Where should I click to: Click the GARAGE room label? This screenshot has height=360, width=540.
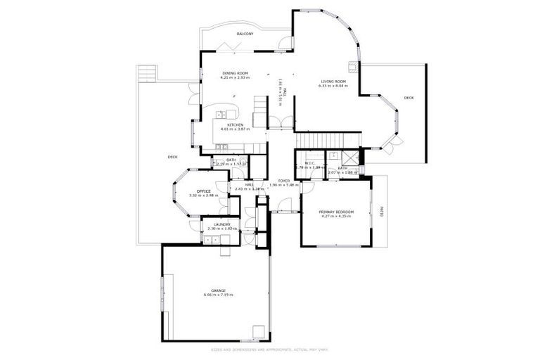pyautogui.click(x=218, y=290)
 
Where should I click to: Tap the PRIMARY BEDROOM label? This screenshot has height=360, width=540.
pyautogui.click(x=335, y=212)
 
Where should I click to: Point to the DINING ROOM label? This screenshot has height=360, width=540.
pyautogui.click(x=236, y=73)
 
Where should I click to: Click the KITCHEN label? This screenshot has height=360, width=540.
pyautogui.click(x=235, y=124)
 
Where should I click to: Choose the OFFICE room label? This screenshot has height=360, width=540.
pyautogui.click(x=204, y=191)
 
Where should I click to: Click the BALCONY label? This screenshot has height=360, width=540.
pyautogui.click(x=245, y=33)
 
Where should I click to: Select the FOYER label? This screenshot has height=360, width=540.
pyautogui.click(x=283, y=181)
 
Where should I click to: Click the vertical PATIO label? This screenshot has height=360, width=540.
pyautogui.click(x=382, y=210)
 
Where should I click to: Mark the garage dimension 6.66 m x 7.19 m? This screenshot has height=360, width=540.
pyautogui.click(x=218, y=295)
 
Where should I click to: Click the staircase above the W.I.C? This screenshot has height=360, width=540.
pyautogui.click(x=327, y=140)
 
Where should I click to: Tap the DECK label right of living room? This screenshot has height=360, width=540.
pyautogui.click(x=409, y=98)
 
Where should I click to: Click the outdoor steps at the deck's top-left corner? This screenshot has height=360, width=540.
pyautogui.click(x=146, y=73)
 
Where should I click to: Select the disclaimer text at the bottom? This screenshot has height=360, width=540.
pyautogui.click(x=269, y=349)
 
